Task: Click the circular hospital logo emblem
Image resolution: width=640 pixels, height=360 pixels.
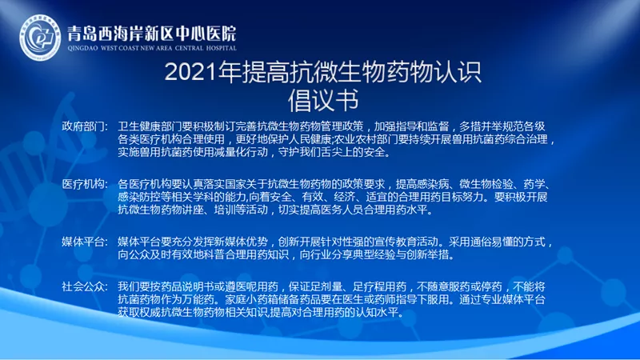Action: click(40, 37)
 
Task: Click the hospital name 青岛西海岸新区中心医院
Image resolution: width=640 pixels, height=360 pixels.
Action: click(152, 34)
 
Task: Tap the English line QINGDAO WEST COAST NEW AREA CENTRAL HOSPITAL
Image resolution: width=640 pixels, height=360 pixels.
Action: click(152, 48)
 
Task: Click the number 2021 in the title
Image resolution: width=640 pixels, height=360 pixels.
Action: click(190, 72)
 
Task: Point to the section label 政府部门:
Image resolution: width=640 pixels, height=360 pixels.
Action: click(85, 126)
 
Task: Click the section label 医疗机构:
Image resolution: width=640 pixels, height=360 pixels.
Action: click(85, 184)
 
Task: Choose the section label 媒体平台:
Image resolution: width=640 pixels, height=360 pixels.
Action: click(85, 242)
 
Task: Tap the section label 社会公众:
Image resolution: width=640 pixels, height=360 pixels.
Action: click(85, 286)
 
